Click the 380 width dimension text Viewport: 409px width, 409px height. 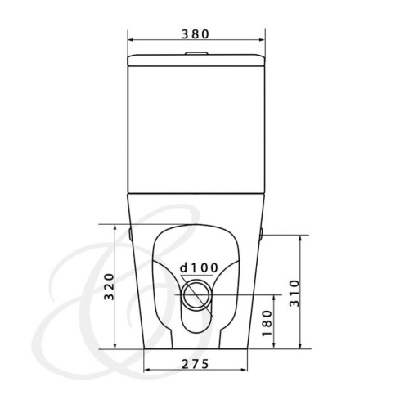point(197,34)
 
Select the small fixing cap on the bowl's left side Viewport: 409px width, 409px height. point(132,236)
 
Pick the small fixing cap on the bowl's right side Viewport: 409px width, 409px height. point(260,236)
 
